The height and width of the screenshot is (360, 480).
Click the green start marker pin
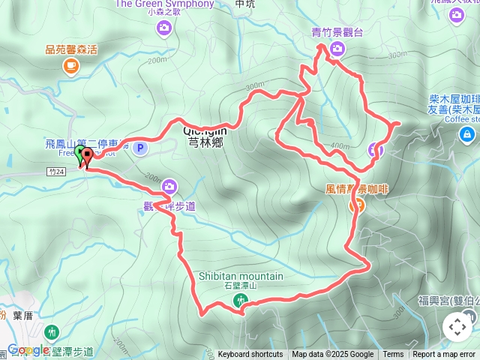tap(79, 154)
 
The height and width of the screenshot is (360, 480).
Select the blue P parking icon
tap(139, 148)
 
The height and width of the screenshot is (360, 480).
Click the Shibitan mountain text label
tap(241, 276)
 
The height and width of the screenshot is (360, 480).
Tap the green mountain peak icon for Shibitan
tap(240, 301)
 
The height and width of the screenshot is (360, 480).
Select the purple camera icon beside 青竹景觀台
tap(337, 49)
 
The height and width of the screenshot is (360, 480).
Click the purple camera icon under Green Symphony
tap(164, 28)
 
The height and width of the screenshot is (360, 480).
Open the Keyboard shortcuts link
tap(250, 355)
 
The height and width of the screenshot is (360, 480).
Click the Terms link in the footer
tap(393, 355)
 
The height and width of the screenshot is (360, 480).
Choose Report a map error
tap(444, 355)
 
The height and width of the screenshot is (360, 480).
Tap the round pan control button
tap(457, 327)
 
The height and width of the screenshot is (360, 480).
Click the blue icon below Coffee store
tap(466, 134)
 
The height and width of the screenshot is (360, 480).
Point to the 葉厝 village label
tap(22, 316)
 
